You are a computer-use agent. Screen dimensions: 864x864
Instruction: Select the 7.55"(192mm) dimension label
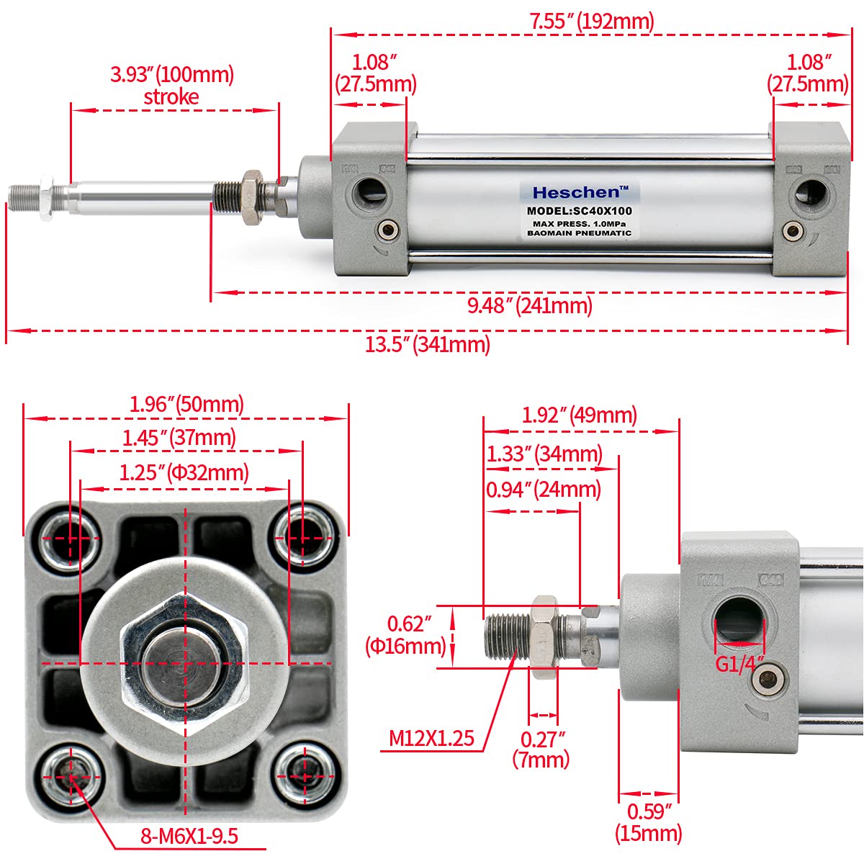(592, 21)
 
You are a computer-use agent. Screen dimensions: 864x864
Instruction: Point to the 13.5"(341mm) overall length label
(428, 345)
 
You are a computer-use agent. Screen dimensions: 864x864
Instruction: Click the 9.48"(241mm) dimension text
(530, 306)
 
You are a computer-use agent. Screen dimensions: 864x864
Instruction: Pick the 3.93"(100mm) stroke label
(172, 85)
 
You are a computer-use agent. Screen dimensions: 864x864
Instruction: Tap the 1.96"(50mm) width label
(186, 404)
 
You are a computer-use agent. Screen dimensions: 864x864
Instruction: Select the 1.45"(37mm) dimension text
(179, 437)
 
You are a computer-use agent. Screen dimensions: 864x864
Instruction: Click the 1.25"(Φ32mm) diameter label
(184, 472)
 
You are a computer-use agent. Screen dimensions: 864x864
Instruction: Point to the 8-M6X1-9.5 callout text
(189, 837)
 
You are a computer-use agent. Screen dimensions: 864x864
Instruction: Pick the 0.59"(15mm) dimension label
(648, 822)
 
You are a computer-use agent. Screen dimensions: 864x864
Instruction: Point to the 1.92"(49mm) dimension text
(580, 415)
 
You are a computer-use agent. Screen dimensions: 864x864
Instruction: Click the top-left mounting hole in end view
(70, 534)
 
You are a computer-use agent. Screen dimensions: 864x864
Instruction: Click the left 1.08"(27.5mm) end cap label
(375, 73)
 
